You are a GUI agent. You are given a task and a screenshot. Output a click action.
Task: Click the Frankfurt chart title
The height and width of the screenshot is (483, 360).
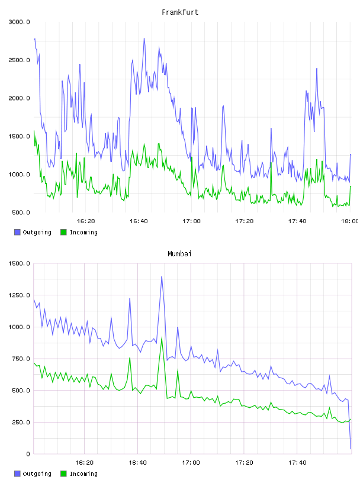coord(180,12)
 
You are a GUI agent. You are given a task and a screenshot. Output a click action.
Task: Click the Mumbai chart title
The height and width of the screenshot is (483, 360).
coord(179,254)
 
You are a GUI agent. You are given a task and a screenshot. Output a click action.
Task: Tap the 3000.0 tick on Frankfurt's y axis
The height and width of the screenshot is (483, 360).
coord(20,22)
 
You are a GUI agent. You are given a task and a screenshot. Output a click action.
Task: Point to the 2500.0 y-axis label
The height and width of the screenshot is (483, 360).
coord(20,60)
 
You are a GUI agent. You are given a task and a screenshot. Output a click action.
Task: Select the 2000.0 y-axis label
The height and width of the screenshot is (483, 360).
coord(20,98)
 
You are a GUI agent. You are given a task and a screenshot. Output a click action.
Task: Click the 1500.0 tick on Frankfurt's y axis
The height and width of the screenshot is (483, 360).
coord(20,137)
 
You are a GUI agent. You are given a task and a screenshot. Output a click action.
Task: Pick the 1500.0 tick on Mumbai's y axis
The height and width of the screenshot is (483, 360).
coord(20,263)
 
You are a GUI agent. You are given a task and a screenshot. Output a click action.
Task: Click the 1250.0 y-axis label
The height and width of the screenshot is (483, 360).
coord(20,295)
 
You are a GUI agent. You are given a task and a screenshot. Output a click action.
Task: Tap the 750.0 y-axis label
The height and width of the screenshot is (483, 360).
coord(21,359)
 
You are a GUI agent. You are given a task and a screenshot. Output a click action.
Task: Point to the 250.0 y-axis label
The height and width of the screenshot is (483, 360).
coord(21,422)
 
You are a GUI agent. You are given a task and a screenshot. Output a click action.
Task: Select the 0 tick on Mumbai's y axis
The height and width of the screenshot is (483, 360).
coord(28,454)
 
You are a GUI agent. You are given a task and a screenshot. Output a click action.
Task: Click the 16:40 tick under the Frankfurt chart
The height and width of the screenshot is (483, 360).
coord(139,221)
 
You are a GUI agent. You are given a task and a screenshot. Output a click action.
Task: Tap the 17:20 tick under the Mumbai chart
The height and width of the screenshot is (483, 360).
coord(244,463)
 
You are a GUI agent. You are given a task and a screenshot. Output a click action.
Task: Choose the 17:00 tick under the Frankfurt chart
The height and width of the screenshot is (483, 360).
coord(191,221)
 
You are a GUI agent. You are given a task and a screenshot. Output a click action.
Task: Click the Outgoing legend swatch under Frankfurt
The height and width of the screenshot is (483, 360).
coord(17,232)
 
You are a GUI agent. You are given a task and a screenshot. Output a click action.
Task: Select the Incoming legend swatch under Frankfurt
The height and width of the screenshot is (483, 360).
coord(63,232)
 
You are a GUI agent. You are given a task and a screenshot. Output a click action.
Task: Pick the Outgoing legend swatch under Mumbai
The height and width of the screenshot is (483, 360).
coord(17,474)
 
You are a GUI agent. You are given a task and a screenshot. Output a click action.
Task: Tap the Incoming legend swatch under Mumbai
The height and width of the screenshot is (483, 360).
coord(63,474)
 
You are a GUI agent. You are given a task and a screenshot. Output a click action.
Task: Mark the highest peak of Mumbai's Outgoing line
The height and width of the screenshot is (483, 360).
coord(162,276)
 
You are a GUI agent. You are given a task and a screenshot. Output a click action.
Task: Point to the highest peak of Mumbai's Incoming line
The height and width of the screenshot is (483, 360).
coord(162,337)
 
